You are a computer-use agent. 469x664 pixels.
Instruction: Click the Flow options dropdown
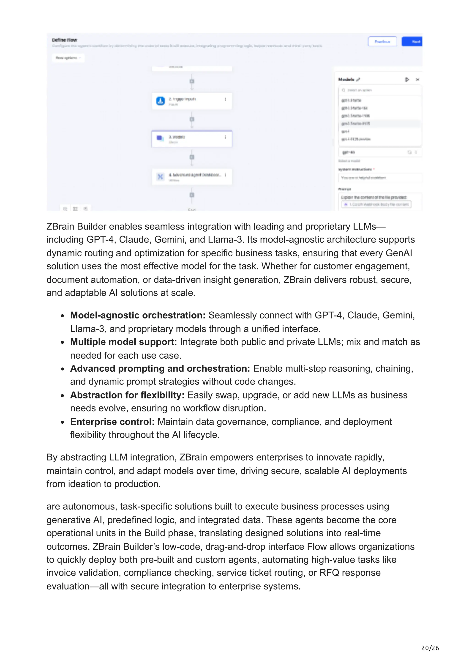(x=68, y=58)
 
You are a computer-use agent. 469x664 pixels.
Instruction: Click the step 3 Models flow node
(x=192, y=139)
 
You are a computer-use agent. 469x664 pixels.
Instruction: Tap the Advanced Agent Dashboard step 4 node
(x=192, y=176)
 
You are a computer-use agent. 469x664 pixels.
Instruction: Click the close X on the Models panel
(x=417, y=80)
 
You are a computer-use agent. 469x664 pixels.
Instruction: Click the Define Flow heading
(x=64, y=40)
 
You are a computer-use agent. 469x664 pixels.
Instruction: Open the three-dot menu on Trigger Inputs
(x=225, y=99)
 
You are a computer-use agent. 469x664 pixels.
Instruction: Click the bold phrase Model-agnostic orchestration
(x=138, y=315)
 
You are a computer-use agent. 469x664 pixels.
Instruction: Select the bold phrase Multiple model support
(x=123, y=342)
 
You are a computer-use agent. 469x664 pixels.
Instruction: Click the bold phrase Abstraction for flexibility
(x=127, y=395)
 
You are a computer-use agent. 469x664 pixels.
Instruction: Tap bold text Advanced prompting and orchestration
(x=160, y=368)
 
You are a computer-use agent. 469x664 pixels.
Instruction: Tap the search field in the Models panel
(x=380, y=90)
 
